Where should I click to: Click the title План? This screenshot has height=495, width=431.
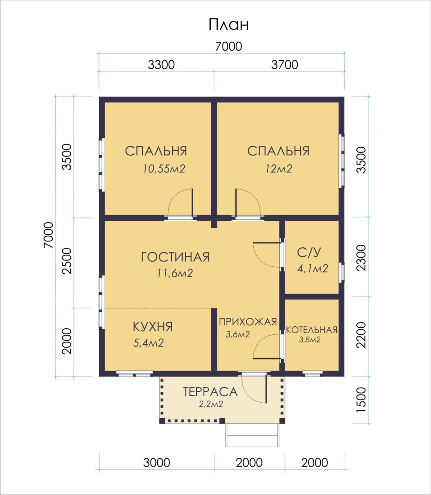click(228, 24)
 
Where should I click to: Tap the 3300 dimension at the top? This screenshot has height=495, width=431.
click(161, 65)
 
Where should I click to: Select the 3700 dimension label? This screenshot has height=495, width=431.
click(285, 65)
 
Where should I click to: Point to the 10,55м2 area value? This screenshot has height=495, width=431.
click(164, 169)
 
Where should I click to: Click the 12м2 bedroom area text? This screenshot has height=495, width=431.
click(279, 169)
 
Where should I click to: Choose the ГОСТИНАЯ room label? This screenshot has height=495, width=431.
click(175, 257)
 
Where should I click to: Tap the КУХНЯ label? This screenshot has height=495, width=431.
click(153, 327)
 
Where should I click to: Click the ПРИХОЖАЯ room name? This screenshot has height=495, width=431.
click(248, 322)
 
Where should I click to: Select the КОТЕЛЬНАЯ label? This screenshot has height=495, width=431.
click(312, 330)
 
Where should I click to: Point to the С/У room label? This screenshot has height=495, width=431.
click(309, 252)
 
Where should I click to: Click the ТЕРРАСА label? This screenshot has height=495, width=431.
click(210, 392)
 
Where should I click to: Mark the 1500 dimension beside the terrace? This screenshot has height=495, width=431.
click(361, 400)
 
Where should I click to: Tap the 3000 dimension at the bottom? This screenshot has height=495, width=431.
click(157, 463)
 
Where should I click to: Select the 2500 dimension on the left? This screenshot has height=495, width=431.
click(67, 261)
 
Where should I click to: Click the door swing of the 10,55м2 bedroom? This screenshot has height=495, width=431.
click(180, 203)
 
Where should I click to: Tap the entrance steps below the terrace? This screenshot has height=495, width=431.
click(252, 435)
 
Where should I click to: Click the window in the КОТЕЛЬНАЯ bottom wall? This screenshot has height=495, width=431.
click(312, 374)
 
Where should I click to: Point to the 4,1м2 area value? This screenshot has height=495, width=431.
click(313, 269)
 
